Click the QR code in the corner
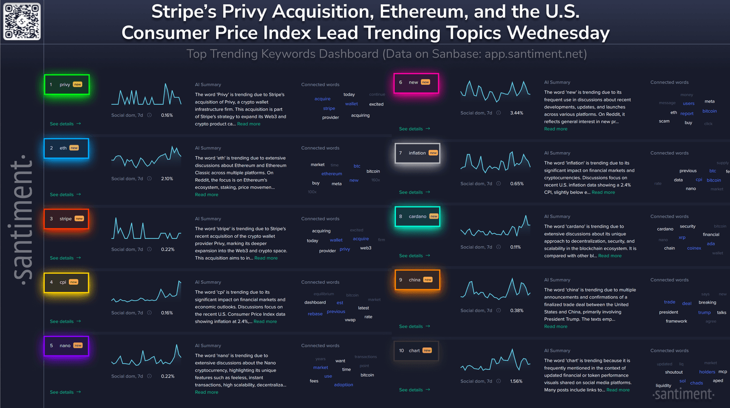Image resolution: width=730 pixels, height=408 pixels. tap(22, 21)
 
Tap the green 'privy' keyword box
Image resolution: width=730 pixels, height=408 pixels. tap(67, 85)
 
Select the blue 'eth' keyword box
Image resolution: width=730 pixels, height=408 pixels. tap(67, 148)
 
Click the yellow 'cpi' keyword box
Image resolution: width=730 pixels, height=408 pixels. tap(67, 282)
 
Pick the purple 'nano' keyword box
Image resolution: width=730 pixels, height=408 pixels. tap(67, 346)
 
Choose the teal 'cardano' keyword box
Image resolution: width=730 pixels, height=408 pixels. tap(417, 217)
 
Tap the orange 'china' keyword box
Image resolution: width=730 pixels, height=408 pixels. tap(417, 280)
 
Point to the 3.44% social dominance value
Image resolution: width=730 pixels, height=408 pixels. tap(517, 113)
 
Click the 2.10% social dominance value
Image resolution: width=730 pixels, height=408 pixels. tap(167, 179)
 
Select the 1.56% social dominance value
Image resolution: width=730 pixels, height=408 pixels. tap(516, 381)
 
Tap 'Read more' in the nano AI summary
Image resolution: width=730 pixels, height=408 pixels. tap(207, 392)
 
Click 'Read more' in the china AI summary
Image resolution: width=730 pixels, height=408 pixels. tap(556, 327)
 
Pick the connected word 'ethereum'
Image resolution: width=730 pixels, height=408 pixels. tap(332, 174)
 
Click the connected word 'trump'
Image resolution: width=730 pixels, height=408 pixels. tap(704, 313)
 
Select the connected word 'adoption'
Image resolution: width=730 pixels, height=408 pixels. tap(344, 385)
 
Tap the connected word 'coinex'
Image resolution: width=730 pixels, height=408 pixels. tap(694, 248)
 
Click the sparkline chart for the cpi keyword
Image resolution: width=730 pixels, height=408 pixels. tap(146, 292)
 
